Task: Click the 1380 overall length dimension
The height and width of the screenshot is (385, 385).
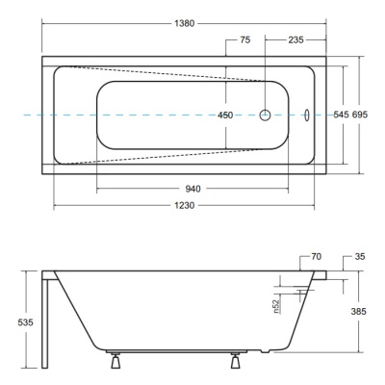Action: [x=185, y=23]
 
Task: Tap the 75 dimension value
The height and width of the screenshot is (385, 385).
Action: [x=245, y=39]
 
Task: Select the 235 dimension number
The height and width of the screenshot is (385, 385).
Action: [x=295, y=39]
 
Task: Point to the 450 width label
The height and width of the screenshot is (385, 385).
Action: [x=225, y=115]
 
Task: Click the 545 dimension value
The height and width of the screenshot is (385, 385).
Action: [x=341, y=115]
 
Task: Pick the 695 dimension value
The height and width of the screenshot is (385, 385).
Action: [x=360, y=115]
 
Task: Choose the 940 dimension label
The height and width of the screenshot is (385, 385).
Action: [x=192, y=189]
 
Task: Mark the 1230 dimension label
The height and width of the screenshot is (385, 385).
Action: [x=185, y=205]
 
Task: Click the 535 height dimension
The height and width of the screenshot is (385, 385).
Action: [x=25, y=322]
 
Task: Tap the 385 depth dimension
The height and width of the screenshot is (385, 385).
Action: [x=358, y=311]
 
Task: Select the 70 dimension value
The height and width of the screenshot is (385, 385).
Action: [x=316, y=257]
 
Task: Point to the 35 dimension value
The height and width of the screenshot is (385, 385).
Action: [x=360, y=257]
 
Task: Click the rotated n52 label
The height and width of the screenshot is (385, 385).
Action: [x=278, y=306]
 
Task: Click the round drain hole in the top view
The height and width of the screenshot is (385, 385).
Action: [x=265, y=115]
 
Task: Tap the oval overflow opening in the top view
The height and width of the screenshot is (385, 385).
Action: [x=307, y=115]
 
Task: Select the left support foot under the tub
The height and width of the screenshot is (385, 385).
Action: [x=115, y=360]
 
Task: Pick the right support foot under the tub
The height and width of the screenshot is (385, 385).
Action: [x=235, y=360]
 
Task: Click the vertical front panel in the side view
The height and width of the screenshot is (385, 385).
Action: [x=45, y=323]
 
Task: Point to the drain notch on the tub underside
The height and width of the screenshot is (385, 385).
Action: [x=266, y=351]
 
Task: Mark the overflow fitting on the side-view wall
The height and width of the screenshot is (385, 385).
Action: [x=303, y=292]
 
